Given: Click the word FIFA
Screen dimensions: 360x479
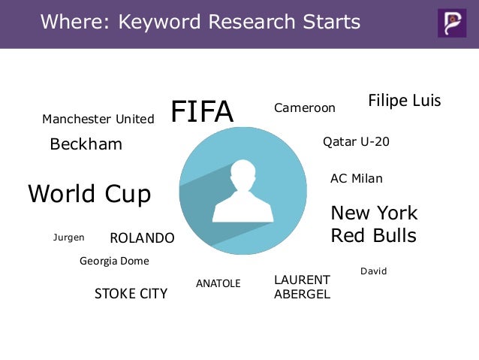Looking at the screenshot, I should point(202,112).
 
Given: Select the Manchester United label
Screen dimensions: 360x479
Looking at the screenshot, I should point(98,119).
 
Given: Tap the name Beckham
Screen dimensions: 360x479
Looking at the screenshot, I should point(86,144).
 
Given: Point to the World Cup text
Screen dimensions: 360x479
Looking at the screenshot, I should point(89,194).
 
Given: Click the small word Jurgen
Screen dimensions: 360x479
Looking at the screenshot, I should point(68,237).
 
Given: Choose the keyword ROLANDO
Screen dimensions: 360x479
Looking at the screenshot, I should point(142,238).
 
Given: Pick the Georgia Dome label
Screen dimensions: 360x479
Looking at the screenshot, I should point(114,262).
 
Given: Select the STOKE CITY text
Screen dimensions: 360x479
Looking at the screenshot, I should point(131,293).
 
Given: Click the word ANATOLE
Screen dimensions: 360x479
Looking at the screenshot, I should point(218,283).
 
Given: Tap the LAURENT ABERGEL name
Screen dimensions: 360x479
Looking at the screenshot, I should point(302,287).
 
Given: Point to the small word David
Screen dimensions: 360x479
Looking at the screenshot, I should point(373,271).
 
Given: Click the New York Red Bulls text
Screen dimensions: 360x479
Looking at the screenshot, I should point(374,224).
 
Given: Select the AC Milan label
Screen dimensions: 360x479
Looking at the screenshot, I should point(357,179).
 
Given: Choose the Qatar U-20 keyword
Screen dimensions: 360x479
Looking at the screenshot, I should point(356,141).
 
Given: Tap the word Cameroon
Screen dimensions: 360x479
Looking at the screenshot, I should point(304,108).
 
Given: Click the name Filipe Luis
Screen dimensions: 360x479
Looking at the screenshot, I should point(404,101).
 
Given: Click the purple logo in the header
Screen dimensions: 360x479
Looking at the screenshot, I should point(452,23).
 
